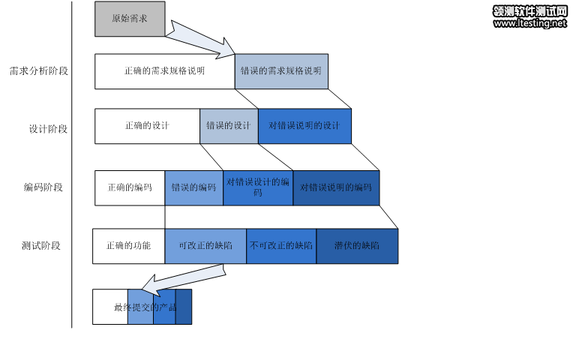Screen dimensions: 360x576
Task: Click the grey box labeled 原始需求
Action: (x=129, y=19)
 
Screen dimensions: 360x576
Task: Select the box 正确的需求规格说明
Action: (x=164, y=71)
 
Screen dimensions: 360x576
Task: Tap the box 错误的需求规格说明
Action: (x=281, y=71)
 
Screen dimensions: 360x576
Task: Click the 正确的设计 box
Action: (x=147, y=126)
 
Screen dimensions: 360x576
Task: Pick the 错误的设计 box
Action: (x=229, y=126)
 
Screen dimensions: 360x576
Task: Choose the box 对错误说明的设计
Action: (x=304, y=126)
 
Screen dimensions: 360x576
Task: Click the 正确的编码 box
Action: (x=130, y=187)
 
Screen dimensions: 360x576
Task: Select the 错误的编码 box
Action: (x=193, y=187)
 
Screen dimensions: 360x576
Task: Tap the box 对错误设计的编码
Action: (x=257, y=187)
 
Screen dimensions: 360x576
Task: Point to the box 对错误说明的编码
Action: (x=336, y=187)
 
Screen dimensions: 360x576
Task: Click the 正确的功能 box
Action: (x=128, y=246)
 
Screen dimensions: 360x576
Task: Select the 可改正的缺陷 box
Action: (x=205, y=246)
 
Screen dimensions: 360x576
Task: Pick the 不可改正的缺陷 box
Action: (x=281, y=246)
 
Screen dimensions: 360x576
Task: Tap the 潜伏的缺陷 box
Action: (x=357, y=246)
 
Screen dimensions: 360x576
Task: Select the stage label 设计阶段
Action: (x=48, y=129)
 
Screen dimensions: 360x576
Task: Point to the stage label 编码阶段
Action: (x=43, y=187)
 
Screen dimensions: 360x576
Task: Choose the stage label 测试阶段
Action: (x=41, y=245)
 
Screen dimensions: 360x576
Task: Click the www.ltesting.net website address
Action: (x=530, y=24)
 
